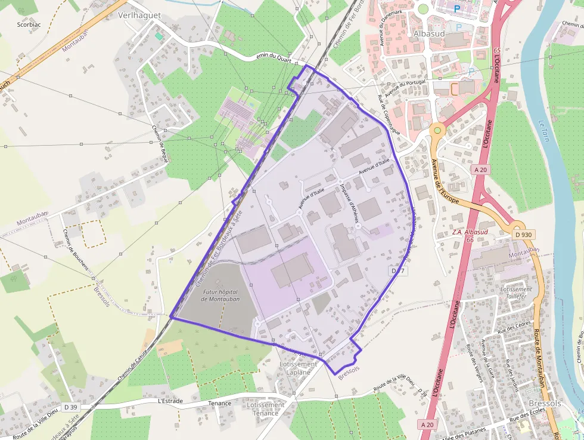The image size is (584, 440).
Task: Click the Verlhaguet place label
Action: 140,15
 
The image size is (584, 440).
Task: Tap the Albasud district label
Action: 430,34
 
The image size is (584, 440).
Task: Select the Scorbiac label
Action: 29,24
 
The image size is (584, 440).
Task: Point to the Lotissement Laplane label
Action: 298,368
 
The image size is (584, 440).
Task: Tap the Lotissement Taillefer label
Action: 516,293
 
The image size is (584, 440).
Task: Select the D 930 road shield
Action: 523,235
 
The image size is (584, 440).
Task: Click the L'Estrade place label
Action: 170,401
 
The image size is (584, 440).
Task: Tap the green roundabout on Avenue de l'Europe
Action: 437,129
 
